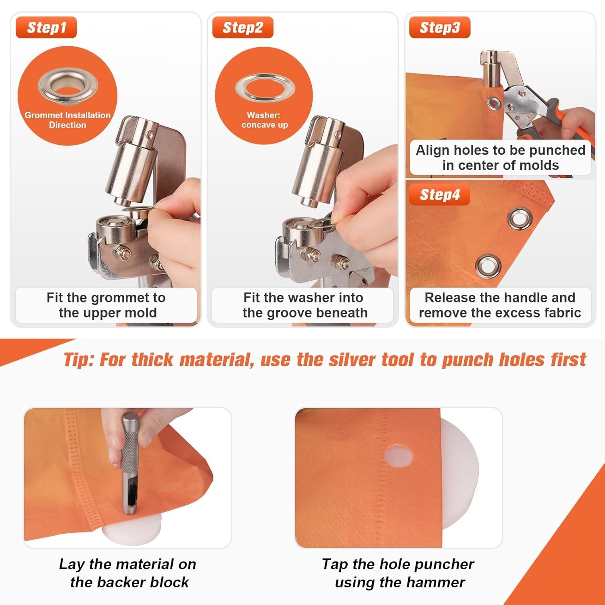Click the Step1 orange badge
(x=46, y=27)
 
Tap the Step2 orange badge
(x=243, y=27)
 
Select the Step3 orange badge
(x=440, y=27)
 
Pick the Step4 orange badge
(x=440, y=195)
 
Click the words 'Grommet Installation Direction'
(x=67, y=120)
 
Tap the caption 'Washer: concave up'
(x=265, y=120)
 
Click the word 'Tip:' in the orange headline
(x=79, y=359)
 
